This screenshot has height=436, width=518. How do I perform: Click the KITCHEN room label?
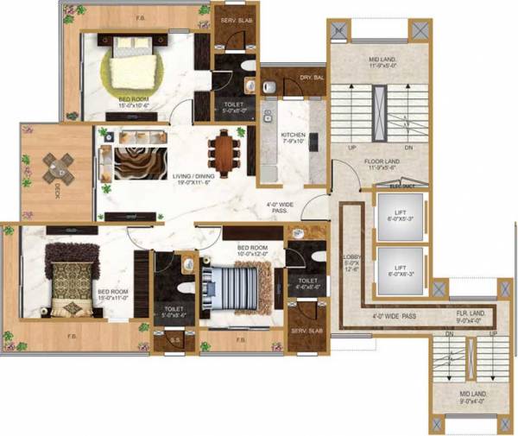coord(294,136)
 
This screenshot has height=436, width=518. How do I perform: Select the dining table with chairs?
coord(227,152)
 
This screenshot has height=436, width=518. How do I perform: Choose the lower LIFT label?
coord(400,268)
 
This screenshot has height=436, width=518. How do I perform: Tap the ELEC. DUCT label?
coord(402,186)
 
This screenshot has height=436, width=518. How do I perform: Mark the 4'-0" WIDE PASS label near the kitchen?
coord(282,207)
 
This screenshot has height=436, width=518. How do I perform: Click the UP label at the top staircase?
coord(352,148)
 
